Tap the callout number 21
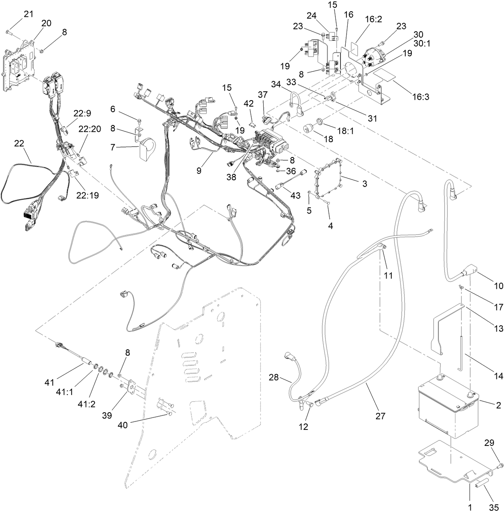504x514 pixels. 28,14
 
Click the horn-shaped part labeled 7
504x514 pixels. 147,148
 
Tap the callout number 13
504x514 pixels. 498,329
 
